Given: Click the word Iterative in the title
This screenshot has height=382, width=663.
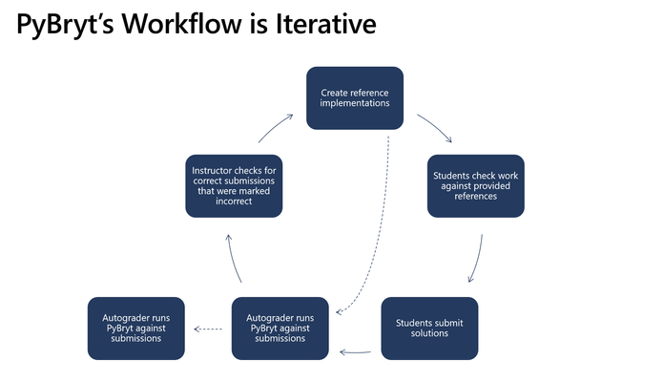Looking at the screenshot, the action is [326, 24].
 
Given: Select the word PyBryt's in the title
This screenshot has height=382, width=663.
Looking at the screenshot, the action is [65, 26].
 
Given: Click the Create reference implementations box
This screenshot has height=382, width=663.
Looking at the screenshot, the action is [355, 97].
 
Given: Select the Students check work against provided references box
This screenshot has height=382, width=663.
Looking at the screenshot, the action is [476, 186].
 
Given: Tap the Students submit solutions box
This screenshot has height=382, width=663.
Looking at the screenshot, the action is [429, 329].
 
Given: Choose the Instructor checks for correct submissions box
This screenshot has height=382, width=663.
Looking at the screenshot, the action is [234, 186].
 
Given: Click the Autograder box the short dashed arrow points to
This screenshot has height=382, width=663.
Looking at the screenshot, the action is [136, 329].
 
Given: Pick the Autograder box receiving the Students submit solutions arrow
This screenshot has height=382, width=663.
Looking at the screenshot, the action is [280, 329].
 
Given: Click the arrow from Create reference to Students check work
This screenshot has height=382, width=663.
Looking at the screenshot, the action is [436, 126].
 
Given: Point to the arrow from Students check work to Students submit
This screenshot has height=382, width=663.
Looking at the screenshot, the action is [477, 259].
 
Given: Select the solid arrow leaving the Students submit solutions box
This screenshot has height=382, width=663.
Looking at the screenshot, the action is [355, 352].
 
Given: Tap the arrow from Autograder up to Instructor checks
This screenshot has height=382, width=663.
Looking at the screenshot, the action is [233, 259].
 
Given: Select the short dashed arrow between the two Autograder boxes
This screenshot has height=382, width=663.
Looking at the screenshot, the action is [208, 329].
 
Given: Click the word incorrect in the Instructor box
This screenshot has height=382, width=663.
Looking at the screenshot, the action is [234, 202].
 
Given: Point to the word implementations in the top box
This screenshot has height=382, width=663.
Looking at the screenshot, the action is [355, 103].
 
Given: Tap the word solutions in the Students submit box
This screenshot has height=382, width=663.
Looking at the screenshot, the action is [429, 333].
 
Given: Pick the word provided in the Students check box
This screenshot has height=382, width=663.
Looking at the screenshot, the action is [490, 186].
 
